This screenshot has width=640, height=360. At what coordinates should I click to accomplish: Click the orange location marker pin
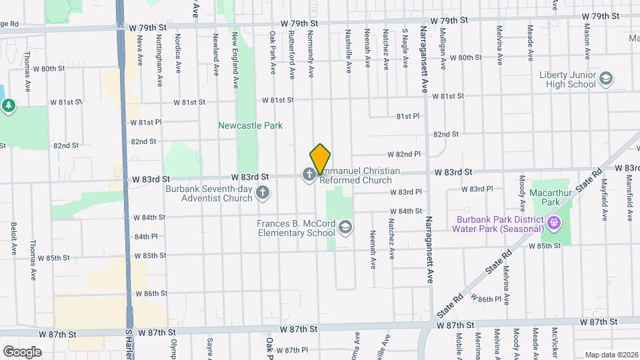(321, 159)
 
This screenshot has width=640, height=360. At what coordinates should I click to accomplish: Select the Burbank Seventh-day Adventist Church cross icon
(263, 193)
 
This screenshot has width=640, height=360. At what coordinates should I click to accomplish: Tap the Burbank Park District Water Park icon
(553, 221)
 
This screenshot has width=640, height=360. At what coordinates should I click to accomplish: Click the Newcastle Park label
(251, 125)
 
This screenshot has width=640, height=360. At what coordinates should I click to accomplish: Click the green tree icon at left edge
(8, 105)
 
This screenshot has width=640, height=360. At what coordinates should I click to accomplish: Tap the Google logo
(22, 352)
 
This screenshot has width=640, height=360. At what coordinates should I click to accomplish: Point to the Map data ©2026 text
(611, 355)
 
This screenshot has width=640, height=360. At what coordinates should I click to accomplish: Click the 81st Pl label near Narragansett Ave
(407, 116)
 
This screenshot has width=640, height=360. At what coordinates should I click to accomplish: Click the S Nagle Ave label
(405, 48)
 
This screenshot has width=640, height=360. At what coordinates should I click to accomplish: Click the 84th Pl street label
(145, 237)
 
